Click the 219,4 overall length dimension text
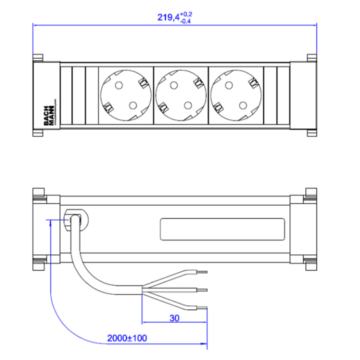click(x=168, y=17)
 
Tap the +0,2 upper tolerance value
click(x=187, y=14)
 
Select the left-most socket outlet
click(x=126, y=95)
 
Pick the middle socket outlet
click(x=180, y=95)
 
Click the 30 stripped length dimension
click(x=174, y=318)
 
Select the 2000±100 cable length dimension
click(x=127, y=338)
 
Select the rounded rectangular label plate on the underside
click(x=222, y=229)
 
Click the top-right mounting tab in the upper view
click(x=312, y=58)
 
